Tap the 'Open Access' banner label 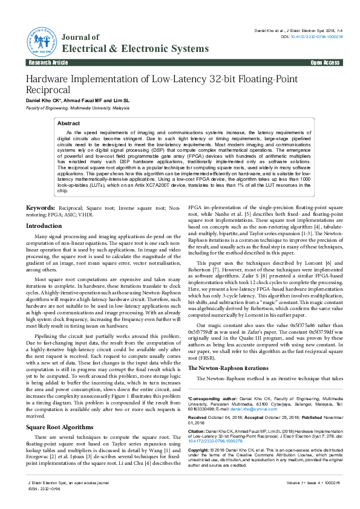coord(325,63)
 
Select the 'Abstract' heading coord(68,123)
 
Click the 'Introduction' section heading coord(44,225)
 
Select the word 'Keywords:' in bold coord(40,207)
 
